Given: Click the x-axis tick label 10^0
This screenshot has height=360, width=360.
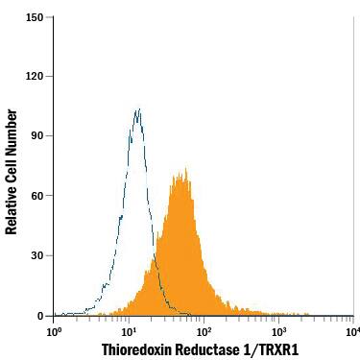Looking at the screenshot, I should [x=55, y=331].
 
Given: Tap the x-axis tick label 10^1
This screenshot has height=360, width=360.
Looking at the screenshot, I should [x=129, y=331].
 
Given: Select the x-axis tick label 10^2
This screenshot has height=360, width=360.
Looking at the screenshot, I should [x=204, y=331].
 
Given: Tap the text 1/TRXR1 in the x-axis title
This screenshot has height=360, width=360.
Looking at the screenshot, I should [x=274, y=349].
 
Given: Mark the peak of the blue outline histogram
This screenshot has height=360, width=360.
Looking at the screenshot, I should [x=138, y=110].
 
